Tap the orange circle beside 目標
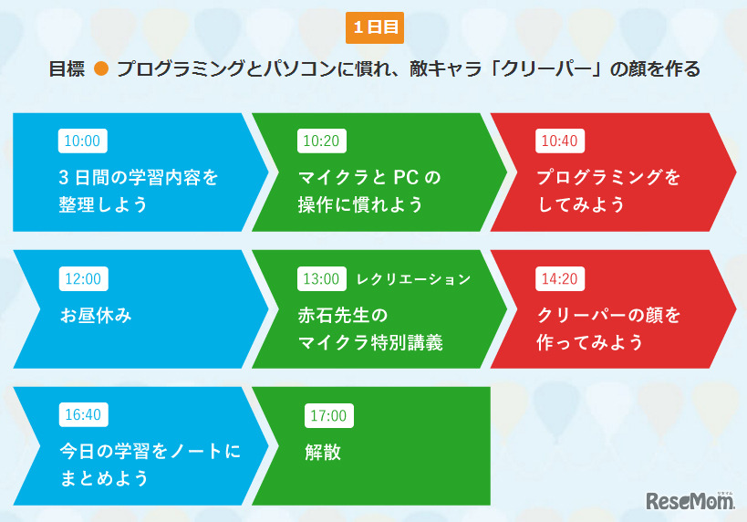point(101,69)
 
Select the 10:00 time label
point(82,141)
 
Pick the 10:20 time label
point(321,141)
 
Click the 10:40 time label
point(559,141)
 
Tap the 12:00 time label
point(82,278)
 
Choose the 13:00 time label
point(321,278)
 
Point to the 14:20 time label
point(559,278)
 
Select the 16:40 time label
point(82,415)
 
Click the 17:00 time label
point(328,415)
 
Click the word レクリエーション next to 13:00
point(413,278)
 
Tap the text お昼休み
point(96,316)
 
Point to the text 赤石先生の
point(343,316)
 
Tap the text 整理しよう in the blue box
point(103,204)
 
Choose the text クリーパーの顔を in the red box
point(608,316)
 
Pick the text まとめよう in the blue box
point(103,478)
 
